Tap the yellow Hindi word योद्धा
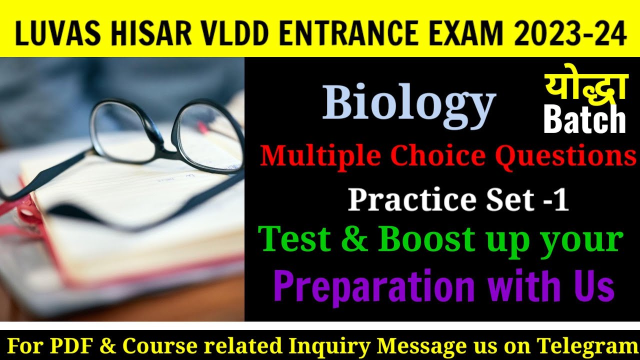pyautogui.click(x=585, y=87)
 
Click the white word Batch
pyautogui.click(x=584, y=120)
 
